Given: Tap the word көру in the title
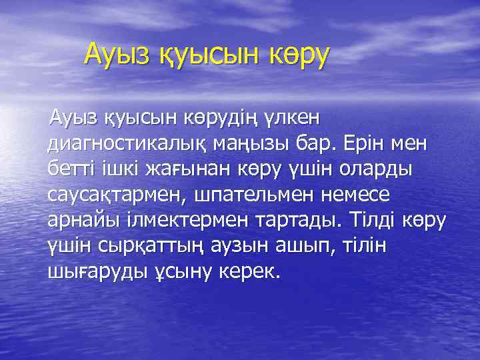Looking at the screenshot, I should pos(297,56).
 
